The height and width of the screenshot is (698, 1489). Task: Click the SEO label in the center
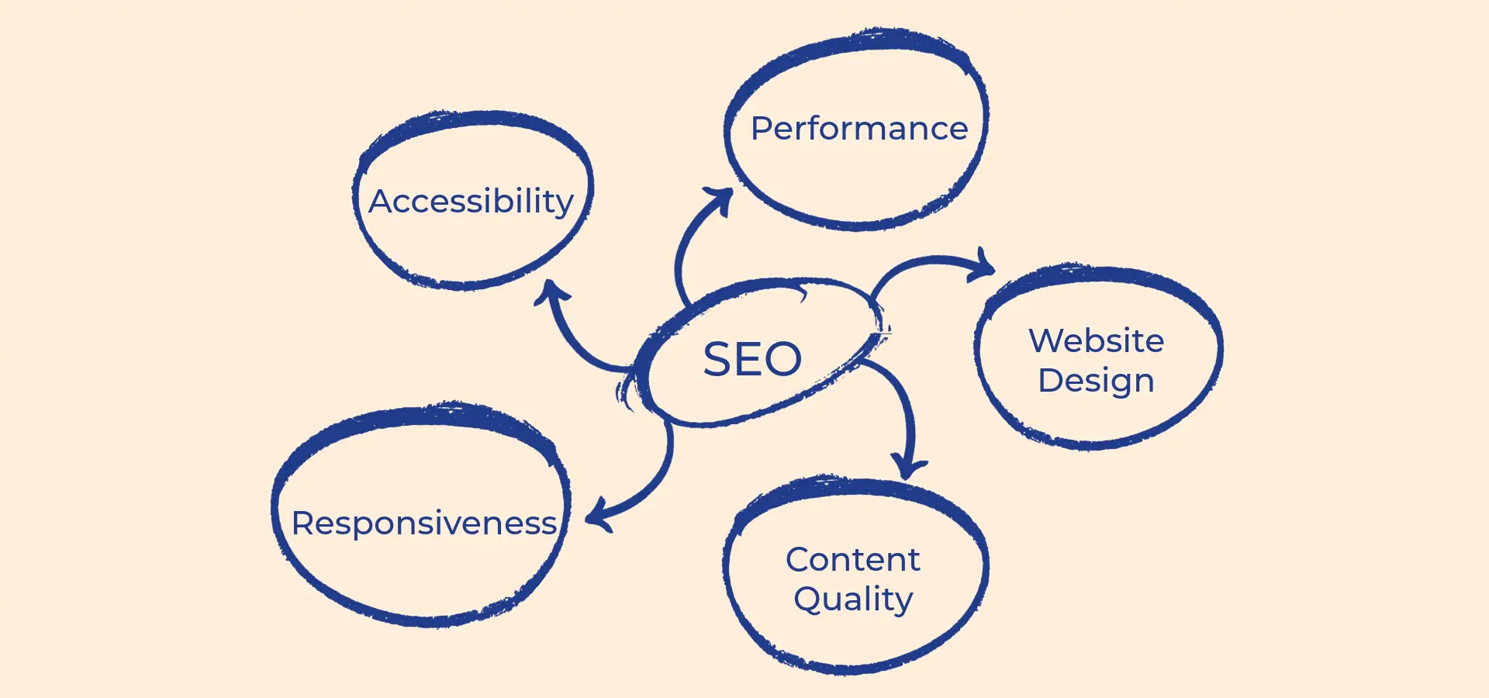tap(752, 359)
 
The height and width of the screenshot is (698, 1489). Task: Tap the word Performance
tap(859, 129)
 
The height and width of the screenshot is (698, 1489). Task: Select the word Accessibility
tap(471, 202)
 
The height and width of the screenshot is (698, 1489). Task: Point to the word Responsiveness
tap(424, 523)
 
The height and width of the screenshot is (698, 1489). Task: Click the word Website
tap(1096, 341)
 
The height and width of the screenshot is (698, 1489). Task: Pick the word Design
tap(1096, 382)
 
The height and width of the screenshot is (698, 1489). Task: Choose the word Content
tap(852, 560)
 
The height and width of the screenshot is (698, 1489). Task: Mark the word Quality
tap(853, 600)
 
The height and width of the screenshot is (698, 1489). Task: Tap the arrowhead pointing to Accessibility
tap(551, 290)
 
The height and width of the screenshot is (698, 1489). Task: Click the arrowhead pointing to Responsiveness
tap(597, 518)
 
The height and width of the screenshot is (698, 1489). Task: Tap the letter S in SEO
tap(717, 359)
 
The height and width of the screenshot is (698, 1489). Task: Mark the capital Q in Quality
tap(810, 599)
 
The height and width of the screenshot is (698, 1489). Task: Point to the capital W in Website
tap(1047, 341)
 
